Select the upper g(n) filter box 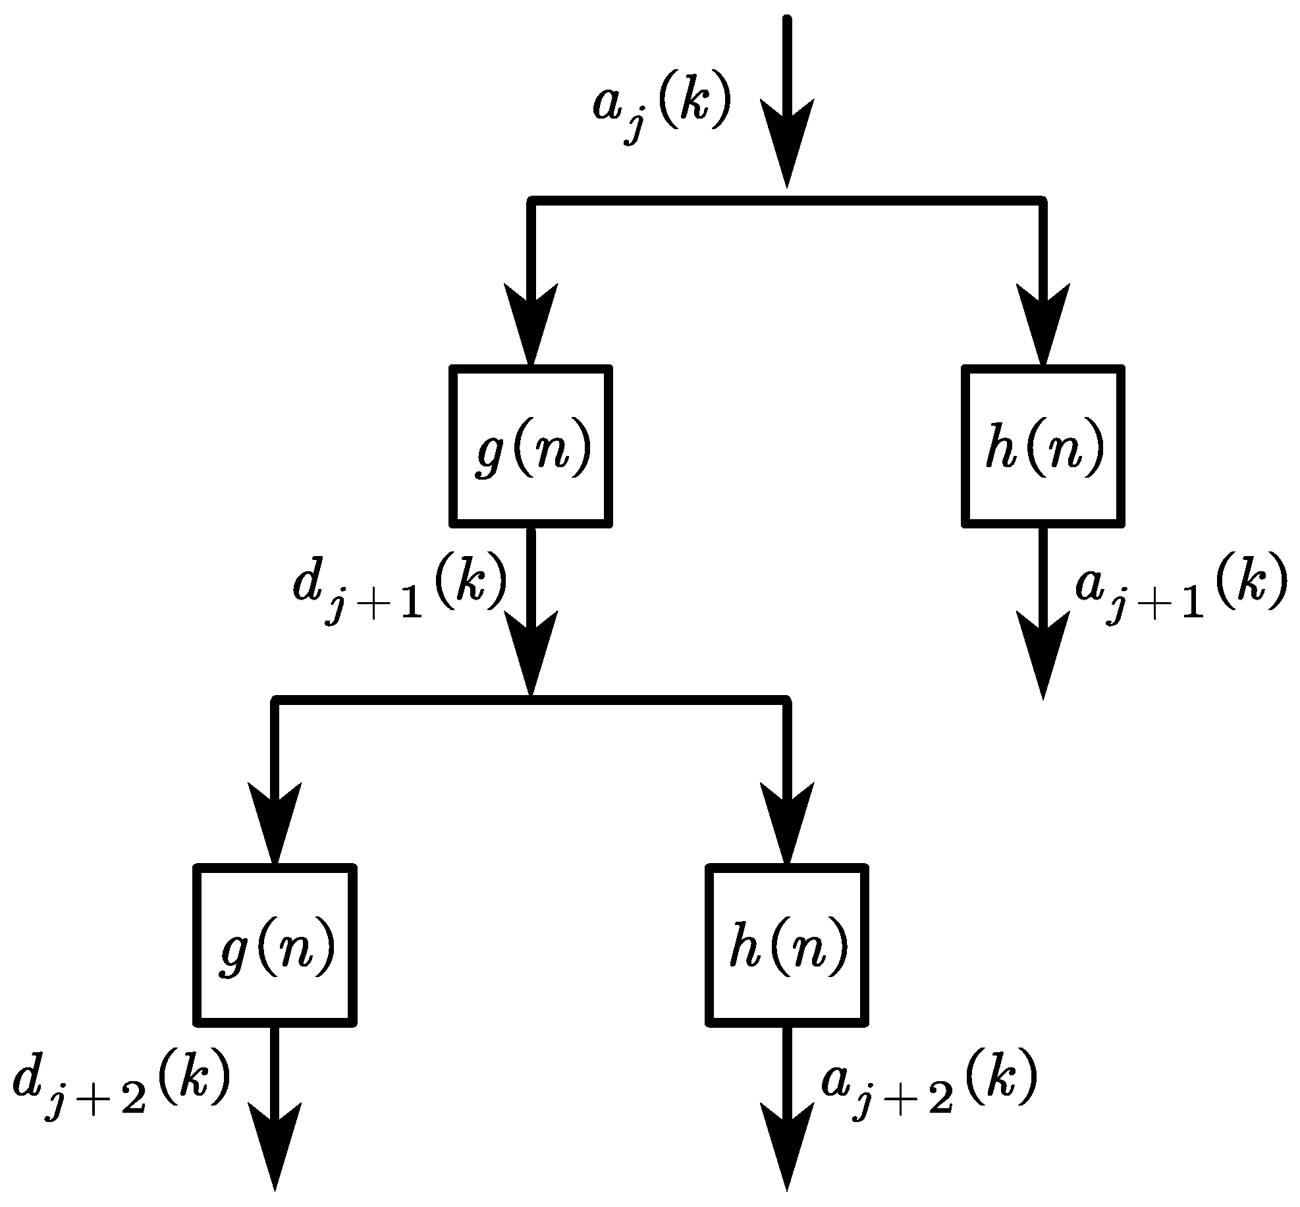[x=531, y=447]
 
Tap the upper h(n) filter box [x=1043, y=447]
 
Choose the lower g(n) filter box [x=275, y=945]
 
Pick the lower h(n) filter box [x=787, y=945]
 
